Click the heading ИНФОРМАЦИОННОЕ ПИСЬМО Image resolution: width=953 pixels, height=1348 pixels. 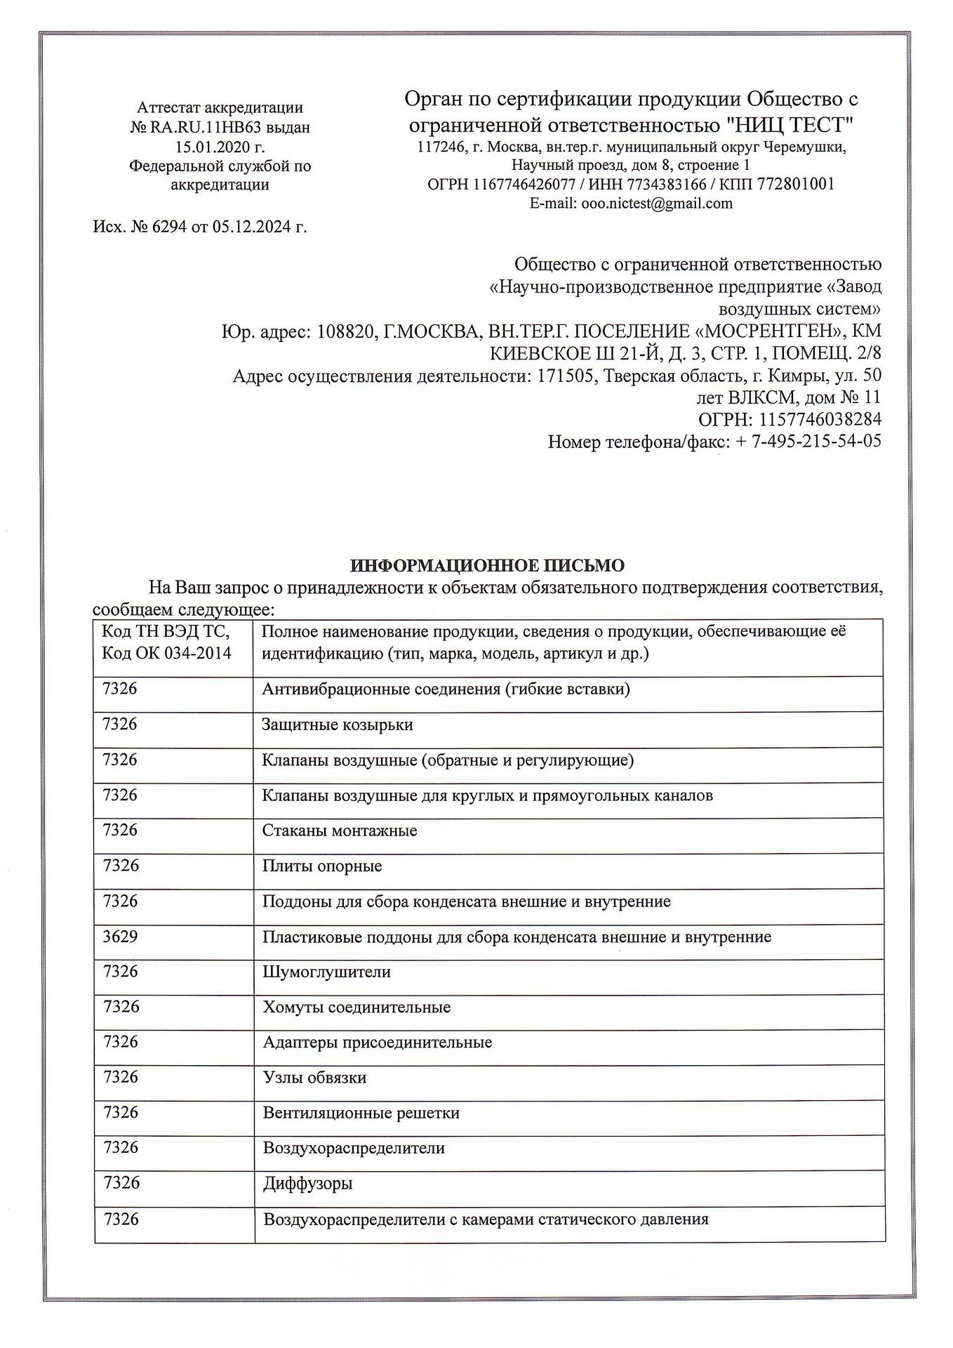487,566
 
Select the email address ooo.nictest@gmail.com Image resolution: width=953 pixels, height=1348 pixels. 657,204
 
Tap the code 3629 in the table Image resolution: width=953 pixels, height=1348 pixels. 120,937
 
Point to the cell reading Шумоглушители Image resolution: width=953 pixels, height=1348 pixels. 326,972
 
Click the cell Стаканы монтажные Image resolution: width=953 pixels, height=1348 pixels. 340,831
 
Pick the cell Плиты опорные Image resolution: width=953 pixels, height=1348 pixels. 322,866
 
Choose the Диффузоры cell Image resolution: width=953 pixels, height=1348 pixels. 307,1184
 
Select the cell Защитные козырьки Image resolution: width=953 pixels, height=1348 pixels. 338,725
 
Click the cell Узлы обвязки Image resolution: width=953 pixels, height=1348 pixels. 314,1078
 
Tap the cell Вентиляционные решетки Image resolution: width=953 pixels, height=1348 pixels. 361,1113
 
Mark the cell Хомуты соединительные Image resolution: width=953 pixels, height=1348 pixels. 356,1007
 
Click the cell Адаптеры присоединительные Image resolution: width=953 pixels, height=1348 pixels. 378,1043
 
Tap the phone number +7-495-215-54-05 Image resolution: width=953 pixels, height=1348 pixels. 808,442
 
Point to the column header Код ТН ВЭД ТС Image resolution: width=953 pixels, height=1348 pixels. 166,631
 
